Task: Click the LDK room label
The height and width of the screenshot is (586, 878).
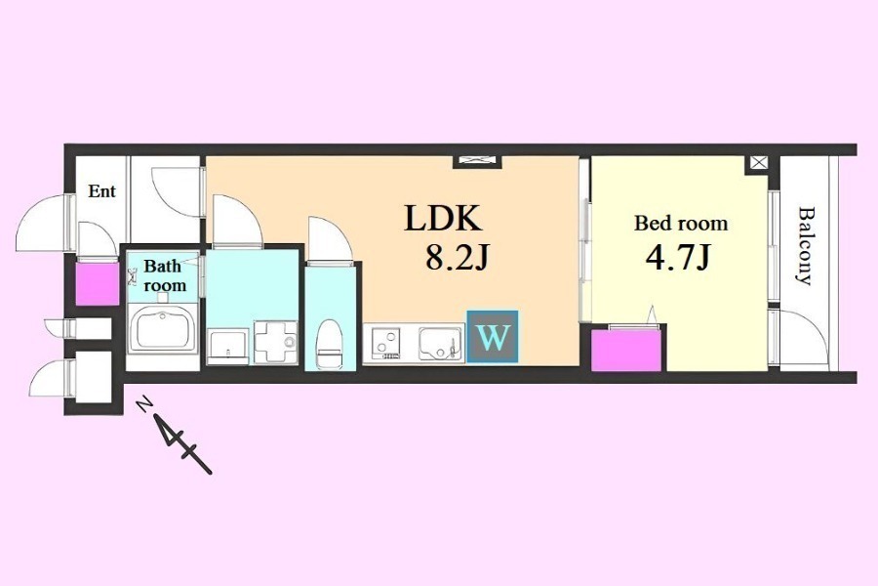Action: click(x=442, y=218)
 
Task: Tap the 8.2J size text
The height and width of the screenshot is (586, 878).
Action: click(x=457, y=258)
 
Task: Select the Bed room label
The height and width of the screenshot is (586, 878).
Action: click(x=681, y=224)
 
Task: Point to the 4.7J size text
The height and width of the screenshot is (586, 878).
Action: click(x=678, y=258)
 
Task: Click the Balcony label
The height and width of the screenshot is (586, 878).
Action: click(x=806, y=246)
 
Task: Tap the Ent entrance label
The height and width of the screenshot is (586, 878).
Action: click(x=101, y=191)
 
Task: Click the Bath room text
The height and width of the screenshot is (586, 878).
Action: click(x=165, y=275)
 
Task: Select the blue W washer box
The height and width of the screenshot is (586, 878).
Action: click(x=493, y=336)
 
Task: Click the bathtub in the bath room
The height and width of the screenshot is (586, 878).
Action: click(x=162, y=330)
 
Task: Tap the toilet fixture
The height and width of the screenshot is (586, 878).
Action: click(x=329, y=344)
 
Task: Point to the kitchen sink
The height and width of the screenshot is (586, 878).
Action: click(x=441, y=344)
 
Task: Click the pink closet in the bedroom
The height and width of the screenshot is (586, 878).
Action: click(x=626, y=351)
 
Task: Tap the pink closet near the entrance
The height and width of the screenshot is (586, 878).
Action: click(x=97, y=284)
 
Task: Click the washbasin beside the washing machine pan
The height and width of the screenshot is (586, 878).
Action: click(x=228, y=347)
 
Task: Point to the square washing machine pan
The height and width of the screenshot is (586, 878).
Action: click(x=275, y=342)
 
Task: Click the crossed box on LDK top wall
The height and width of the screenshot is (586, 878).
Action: click(x=478, y=160)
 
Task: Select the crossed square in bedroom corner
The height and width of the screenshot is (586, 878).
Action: click(x=758, y=163)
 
